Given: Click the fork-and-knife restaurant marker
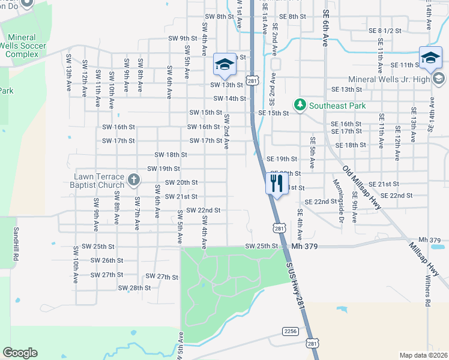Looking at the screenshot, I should [277, 182].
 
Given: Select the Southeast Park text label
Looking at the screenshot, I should [337, 106].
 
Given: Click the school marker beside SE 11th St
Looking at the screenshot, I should [430, 59].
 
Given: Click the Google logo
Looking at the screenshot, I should [20, 353].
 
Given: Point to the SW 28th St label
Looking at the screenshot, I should [134, 288].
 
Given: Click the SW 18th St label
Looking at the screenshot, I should [171, 155].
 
